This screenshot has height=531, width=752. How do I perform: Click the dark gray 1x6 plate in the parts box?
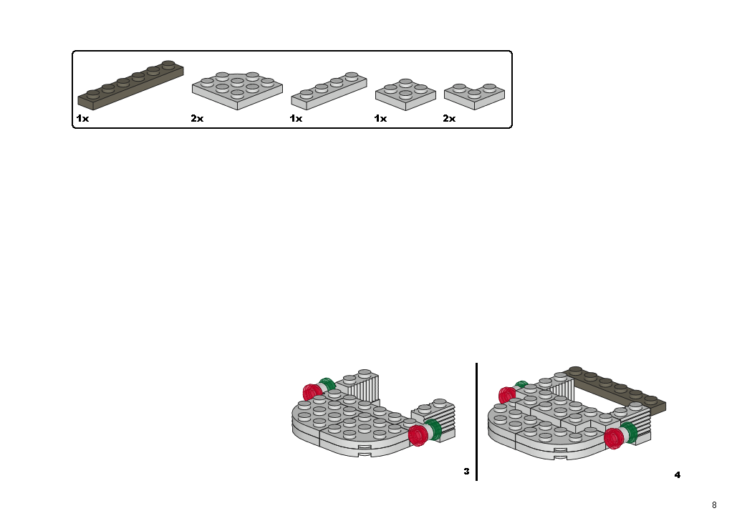click(130, 85)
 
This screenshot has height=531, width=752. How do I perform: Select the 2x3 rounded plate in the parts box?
click(237, 91)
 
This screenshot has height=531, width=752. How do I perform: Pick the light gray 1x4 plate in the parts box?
click(329, 91)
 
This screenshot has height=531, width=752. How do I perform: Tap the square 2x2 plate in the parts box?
click(406, 94)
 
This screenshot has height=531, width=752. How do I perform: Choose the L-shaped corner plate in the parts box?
click(474, 97)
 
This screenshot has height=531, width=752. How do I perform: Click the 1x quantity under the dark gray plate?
click(82, 118)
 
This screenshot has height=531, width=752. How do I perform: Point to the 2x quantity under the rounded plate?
click(197, 118)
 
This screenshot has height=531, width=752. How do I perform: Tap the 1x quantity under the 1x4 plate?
click(296, 118)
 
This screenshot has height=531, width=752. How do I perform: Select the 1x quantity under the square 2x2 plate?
click(380, 118)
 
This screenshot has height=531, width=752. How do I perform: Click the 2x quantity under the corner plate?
click(449, 118)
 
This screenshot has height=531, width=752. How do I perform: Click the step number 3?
click(467, 472)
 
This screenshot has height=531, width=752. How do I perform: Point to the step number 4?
click(678, 475)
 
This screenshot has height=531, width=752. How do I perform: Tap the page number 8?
click(714, 505)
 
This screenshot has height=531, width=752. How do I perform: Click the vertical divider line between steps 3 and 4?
click(477, 422)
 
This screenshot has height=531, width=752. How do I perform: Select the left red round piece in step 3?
click(313, 392)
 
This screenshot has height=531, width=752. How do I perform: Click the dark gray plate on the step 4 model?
click(616, 389)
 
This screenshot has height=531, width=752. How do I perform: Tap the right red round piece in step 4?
click(614, 439)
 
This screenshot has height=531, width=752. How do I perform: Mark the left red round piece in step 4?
click(507, 395)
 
